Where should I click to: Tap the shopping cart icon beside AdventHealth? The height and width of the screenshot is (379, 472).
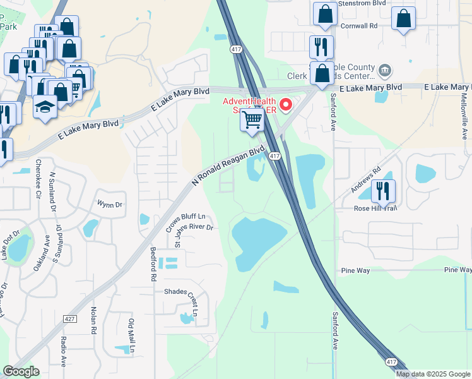(x=252, y=119)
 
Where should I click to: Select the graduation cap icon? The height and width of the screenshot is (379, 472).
(x=45, y=107)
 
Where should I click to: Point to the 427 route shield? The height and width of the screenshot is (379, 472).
(x=70, y=319)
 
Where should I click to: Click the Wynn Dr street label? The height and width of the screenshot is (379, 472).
(x=109, y=204)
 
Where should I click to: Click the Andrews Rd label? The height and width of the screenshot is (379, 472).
(x=367, y=181)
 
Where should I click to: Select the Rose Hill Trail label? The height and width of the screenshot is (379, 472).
(x=375, y=208)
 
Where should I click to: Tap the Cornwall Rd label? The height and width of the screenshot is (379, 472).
(x=358, y=26)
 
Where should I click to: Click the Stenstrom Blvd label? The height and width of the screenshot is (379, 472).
(x=362, y=3)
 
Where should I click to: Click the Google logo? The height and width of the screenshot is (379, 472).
(x=21, y=371)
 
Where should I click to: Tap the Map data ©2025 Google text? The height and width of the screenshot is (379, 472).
(x=434, y=374)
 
